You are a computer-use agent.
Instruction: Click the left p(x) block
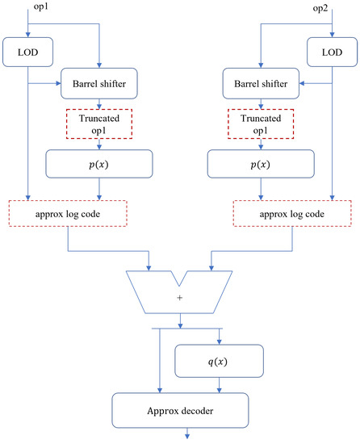click(99, 165)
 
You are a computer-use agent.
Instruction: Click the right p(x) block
click(260, 165)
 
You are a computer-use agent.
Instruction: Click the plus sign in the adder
click(180, 298)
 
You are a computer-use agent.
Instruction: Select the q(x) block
click(220, 361)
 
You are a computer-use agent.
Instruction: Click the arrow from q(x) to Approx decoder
click(220, 384)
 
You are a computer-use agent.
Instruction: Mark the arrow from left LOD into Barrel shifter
click(48, 82)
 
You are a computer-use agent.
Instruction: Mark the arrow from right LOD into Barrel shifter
click(311, 82)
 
